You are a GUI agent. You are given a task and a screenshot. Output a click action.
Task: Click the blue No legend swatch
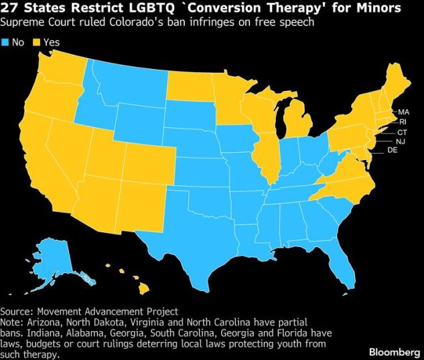pyautogui.click(x=5, y=42)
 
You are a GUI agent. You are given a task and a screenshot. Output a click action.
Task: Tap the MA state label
pyautogui.click(x=403, y=112)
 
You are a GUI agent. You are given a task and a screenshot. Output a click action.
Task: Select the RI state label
pyautogui.click(x=403, y=122)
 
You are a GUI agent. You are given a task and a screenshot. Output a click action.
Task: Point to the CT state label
pyautogui.click(x=402, y=132)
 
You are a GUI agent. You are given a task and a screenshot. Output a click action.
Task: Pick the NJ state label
pyautogui.click(x=400, y=141)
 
